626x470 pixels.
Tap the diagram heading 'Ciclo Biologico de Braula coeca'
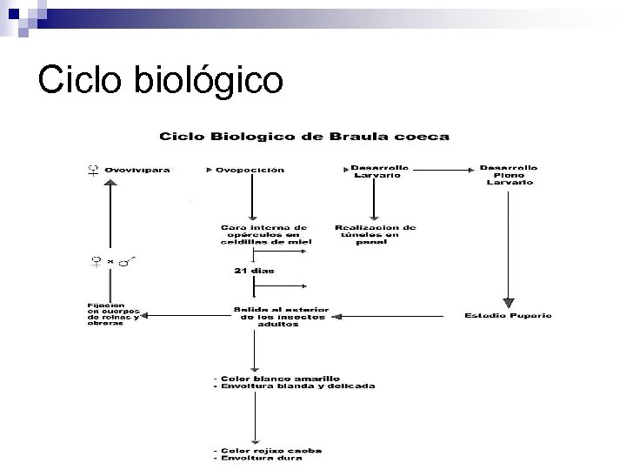click(303, 136)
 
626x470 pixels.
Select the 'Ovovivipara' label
click(137, 170)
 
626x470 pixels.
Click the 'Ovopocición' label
click(250, 170)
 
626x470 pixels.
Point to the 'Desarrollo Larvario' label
click(376, 171)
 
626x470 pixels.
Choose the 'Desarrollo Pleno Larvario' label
click(509, 174)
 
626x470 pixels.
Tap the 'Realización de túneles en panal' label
click(376, 234)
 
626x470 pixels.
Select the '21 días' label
click(253, 271)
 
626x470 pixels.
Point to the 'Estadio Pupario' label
click(509, 315)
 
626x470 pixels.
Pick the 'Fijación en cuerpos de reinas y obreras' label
click(112, 314)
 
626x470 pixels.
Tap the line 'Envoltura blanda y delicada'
click(295, 386)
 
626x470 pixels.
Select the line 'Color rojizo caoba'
click(270, 450)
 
